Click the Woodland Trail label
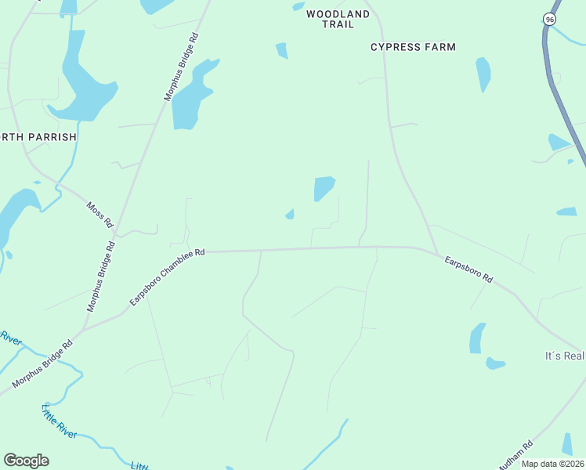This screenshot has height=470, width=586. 338,19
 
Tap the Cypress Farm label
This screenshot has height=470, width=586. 413,47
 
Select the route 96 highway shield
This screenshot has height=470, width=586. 551,18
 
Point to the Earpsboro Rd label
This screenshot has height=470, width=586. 468,269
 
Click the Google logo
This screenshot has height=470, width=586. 26,461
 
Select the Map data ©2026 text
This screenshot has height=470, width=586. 553,464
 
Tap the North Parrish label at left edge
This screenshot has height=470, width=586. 38,136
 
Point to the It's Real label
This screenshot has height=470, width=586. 565,356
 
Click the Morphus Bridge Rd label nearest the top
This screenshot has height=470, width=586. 181,67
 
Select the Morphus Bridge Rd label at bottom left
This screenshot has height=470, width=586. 42,365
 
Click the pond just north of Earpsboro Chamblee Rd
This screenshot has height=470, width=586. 324,188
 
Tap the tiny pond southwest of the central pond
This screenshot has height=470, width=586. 290,215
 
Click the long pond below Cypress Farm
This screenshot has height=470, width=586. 483,74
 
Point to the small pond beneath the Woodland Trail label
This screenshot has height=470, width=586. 282,51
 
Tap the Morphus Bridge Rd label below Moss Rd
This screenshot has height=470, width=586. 101,277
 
